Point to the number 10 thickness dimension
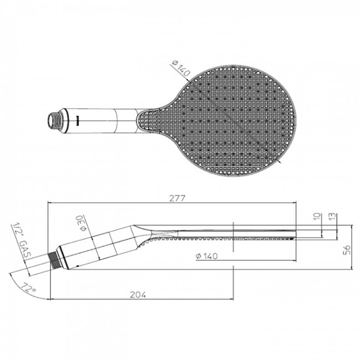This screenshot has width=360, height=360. [317, 216]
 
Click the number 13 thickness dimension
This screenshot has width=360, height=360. [331, 216]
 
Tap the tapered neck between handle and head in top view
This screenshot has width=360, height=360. [145, 118]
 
